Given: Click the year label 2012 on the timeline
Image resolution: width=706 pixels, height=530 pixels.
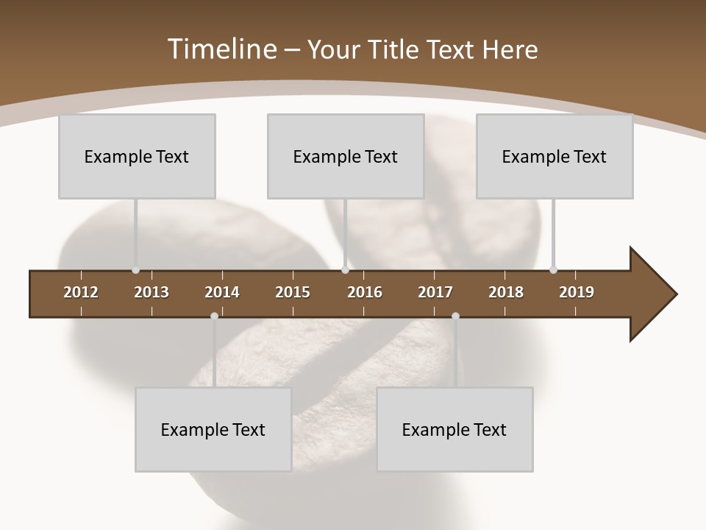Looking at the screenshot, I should pyautogui.click(x=81, y=292).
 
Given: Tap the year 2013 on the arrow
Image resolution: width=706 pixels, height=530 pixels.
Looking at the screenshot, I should pyautogui.click(x=151, y=292).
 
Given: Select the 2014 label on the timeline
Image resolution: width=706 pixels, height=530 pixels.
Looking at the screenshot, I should pyautogui.click(x=222, y=292).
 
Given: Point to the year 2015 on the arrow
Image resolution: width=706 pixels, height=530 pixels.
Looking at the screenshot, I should pyautogui.click(x=293, y=292).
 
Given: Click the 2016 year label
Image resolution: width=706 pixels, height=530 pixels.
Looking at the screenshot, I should pyautogui.click(x=365, y=292).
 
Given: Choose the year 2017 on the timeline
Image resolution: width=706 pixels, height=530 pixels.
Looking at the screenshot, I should pyautogui.click(x=435, y=292).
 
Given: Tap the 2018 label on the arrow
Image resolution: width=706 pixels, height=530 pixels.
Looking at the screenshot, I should pyautogui.click(x=506, y=292).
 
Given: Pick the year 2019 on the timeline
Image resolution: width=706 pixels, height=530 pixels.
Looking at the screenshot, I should pyautogui.click(x=577, y=292).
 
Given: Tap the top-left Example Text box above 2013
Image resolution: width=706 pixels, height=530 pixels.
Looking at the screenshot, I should pyautogui.click(x=137, y=156).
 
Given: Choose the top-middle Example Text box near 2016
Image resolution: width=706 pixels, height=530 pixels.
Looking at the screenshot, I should pyautogui.click(x=346, y=156).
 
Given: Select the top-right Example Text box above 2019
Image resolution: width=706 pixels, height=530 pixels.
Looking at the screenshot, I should pyautogui.click(x=555, y=156).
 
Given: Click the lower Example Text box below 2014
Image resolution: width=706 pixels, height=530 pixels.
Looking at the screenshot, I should pyautogui.click(x=213, y=429).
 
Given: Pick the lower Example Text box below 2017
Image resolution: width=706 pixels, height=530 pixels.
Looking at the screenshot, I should pyautogui.click(x=454, y=429).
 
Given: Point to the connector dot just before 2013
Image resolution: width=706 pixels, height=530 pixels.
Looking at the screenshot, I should pyautogui.click(x=135, y=270).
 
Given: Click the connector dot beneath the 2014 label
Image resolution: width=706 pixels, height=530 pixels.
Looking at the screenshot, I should pyautogui.click(x=214, y=316).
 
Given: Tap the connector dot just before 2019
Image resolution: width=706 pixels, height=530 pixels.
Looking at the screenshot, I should pyautogui.click(x=553, y=269).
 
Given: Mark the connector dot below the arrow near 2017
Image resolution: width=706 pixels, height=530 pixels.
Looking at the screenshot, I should pyautogui.click(x=455, y=316).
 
